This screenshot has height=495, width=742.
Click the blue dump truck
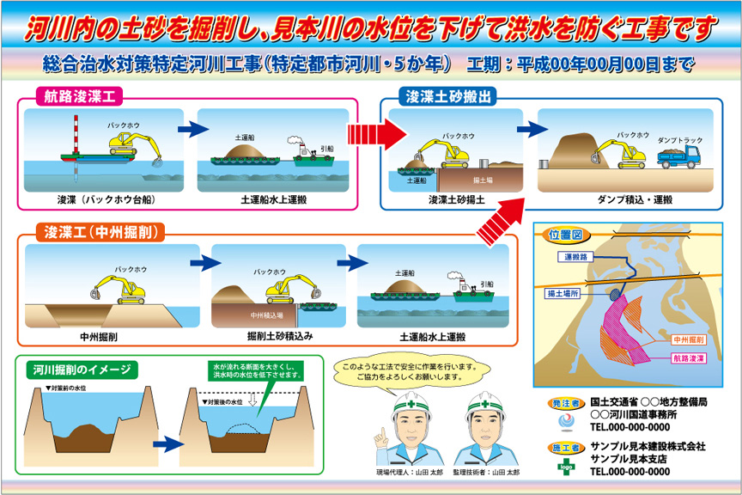click(x=679, y=156)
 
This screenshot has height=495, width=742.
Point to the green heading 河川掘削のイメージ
click(x=83, y=369)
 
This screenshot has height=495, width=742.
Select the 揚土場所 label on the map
click(x=563, y=293)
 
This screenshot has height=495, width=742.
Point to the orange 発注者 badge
click(x=566, y=403)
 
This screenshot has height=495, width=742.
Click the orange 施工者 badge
click(x=566, y=447)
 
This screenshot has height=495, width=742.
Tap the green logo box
click(x=566, y=467)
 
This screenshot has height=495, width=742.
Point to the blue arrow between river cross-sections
click(x=169, y=444)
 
